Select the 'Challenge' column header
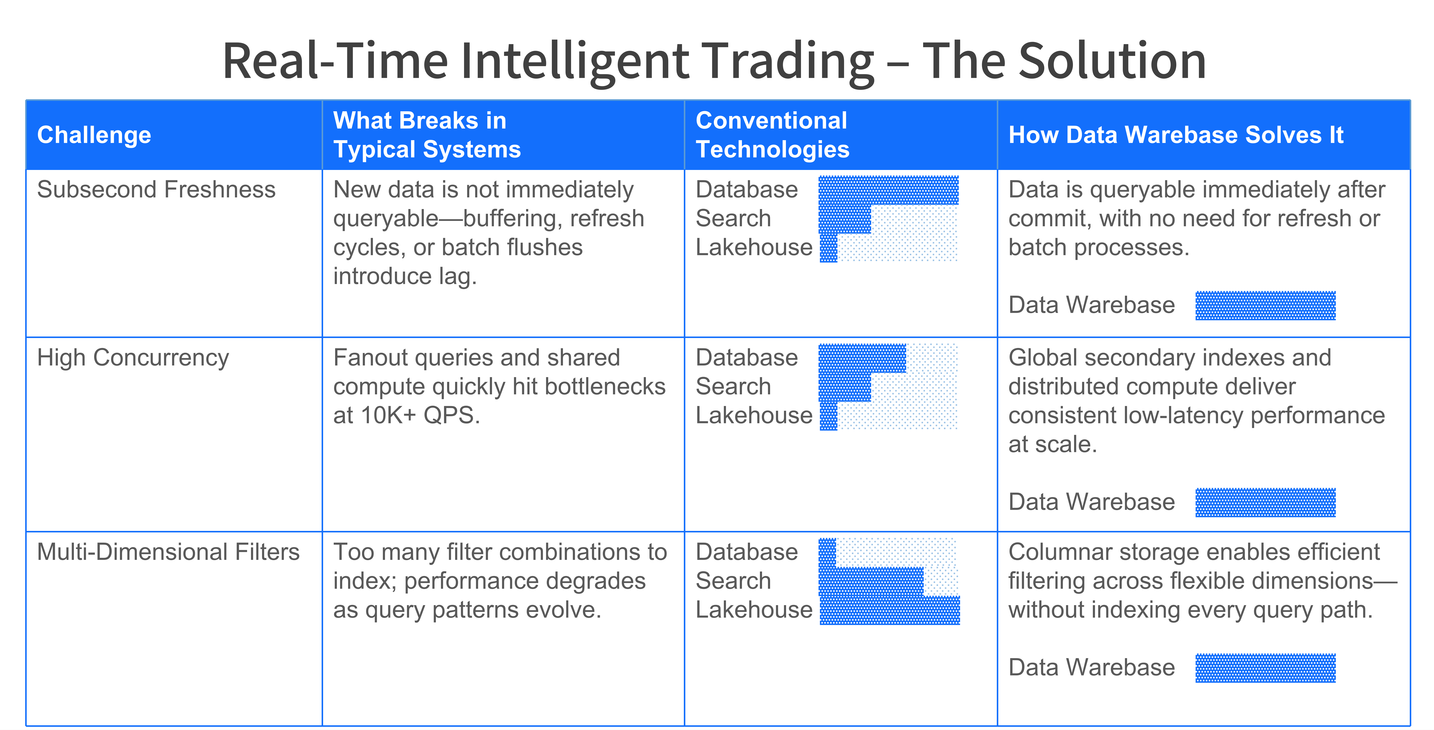(94, 135)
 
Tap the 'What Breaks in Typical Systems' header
(427, 135)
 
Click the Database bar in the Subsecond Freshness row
(889, 190)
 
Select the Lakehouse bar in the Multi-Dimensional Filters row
(890, 610)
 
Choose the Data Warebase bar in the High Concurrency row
(1265, 502)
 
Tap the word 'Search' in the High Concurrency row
(733, 387)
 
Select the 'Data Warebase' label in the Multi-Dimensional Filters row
(1092, 667)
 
